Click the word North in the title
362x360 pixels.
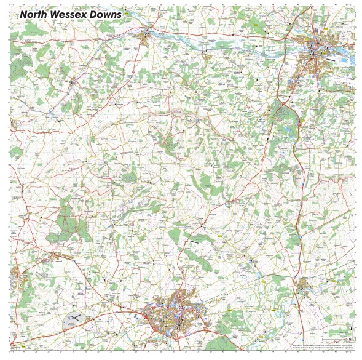pos(36,14)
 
